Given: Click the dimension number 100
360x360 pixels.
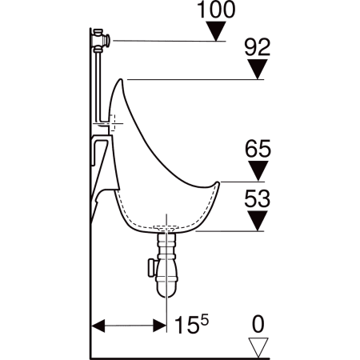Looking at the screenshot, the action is point(216,10).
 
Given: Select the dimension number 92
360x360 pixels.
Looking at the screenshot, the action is point(258,47).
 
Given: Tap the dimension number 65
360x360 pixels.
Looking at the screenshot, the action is point(258,148).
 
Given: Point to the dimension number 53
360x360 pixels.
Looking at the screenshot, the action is point(258,198).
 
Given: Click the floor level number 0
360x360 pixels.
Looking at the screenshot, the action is point(258,324).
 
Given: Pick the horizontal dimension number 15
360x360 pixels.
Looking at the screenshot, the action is point(186,325).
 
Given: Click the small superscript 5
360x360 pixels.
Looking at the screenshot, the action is point(204,320).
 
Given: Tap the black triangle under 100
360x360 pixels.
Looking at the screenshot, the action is point(216,31).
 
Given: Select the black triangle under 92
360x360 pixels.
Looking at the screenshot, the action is point(258,70).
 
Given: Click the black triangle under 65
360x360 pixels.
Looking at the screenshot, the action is point(258,171).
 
